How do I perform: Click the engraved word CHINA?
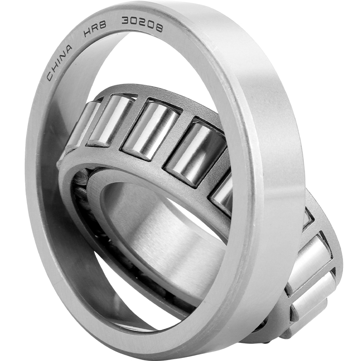[x=60, y=62]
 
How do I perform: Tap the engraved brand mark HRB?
[x=95, y=29]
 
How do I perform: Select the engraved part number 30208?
[x=142, y=24]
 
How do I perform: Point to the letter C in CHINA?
[x=51, y=76]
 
